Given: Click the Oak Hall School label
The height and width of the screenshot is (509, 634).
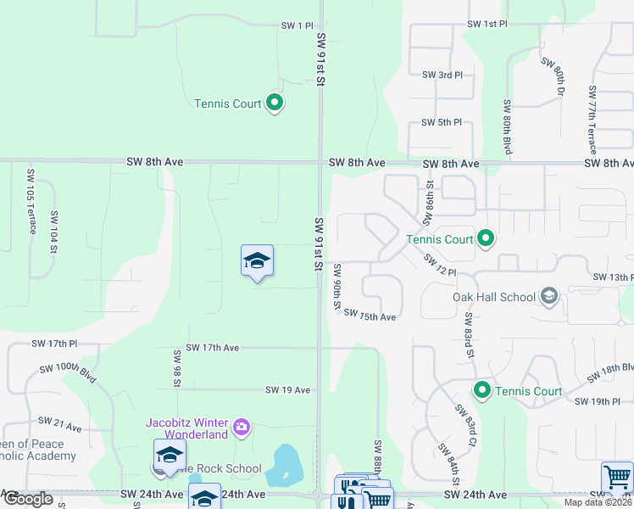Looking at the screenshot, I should [x=494, y=297].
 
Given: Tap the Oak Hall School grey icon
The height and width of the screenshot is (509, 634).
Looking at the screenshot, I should [x=549, y=296].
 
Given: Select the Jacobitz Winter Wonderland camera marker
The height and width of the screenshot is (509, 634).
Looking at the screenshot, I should [x=242, y=426].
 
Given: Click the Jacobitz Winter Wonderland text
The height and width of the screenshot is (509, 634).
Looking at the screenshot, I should [x=187, y=428].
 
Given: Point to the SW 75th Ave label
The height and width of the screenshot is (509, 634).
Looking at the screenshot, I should [x=370, y=316].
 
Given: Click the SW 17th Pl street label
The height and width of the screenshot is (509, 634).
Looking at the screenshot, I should [x=54, y=344].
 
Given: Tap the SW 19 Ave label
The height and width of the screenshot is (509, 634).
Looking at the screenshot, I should [x=287, y=390].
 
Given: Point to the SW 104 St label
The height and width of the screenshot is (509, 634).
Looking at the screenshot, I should [x=54, y=232].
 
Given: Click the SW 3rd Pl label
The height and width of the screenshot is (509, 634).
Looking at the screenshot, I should [x=442, y=75].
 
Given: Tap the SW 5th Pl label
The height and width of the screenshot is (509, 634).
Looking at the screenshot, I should [x=442, y=122].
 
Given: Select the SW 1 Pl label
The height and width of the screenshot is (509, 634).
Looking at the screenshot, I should [x=298, y=26].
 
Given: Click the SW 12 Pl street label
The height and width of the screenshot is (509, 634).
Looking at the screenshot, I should [x=440, y=266].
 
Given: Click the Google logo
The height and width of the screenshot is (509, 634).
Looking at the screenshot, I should [x=27, y=499].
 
